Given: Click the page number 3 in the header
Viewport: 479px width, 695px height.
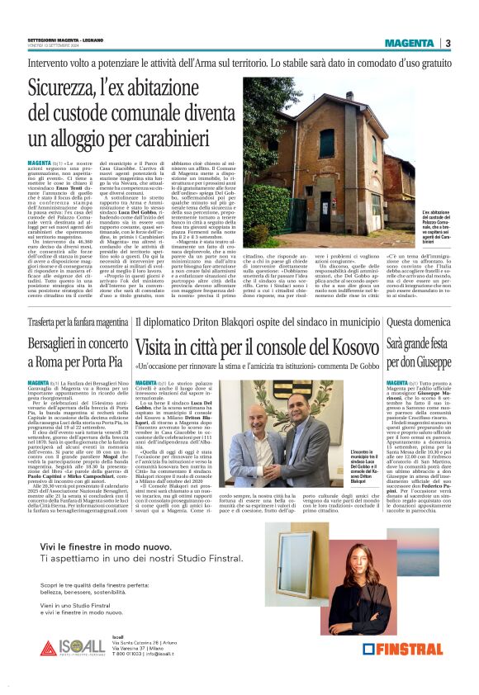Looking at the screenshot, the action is click(447, 43).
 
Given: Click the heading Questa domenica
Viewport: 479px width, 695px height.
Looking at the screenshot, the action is click(416, 322).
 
